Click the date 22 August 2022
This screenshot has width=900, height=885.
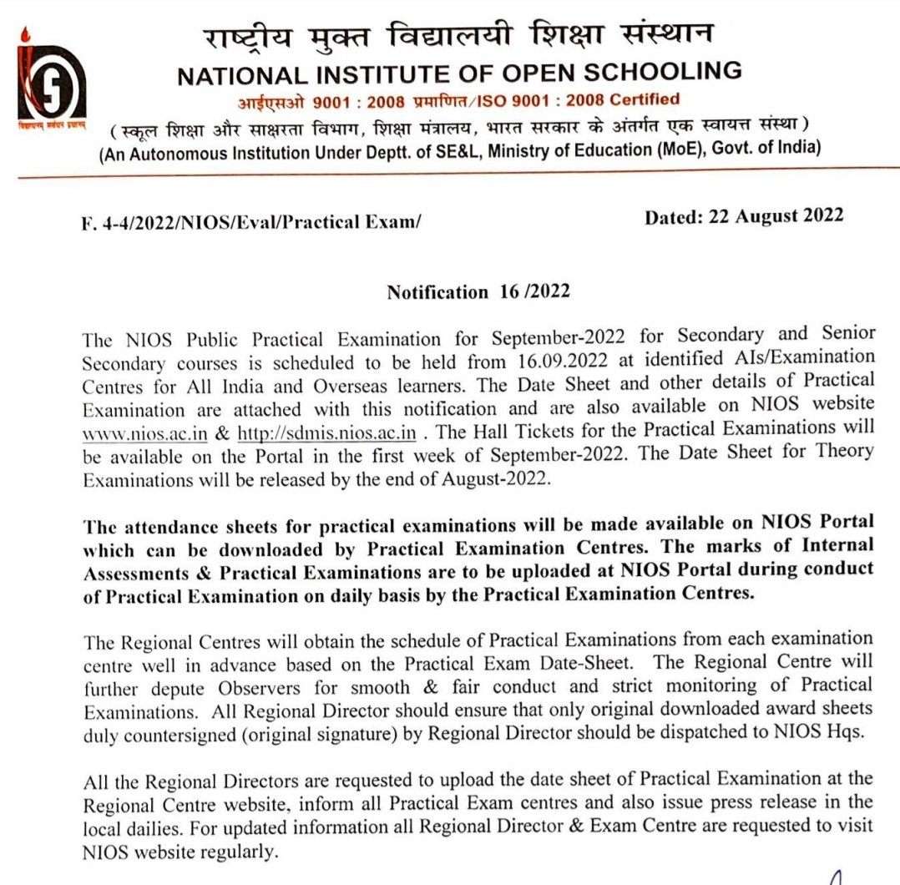pyautogui.click(x=744, y=217)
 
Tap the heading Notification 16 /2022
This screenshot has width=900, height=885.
pyautogui.click(x=478, y=292)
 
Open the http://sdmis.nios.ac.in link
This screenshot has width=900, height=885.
pyautogui.click(x=326, y=433)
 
